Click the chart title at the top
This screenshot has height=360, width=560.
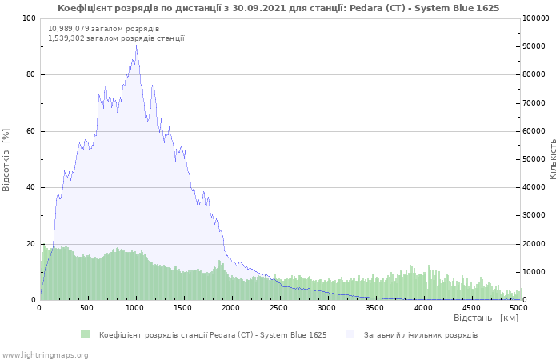278,8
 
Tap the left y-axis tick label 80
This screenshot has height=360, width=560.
30,75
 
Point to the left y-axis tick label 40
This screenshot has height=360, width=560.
30,188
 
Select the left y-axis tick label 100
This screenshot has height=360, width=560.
28,18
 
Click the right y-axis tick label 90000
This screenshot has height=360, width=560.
535,46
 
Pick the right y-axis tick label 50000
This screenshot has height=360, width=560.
535,159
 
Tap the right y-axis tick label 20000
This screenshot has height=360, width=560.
535,244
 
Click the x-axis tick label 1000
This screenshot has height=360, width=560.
135,307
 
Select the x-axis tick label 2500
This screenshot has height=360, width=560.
279,307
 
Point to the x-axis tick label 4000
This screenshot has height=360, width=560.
422,307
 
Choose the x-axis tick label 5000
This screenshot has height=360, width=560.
518,307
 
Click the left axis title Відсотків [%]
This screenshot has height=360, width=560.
7,159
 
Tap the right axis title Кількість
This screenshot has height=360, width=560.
553,158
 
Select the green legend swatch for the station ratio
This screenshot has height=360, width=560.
86,334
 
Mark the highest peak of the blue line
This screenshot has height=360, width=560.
136,45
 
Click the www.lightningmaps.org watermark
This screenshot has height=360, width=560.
45,354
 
